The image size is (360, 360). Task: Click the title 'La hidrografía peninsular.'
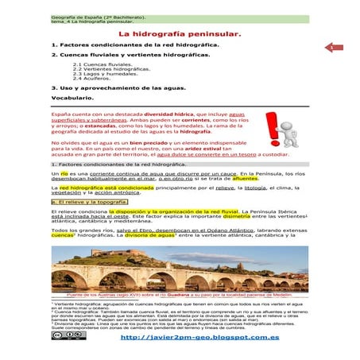(x=179, y=36)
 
